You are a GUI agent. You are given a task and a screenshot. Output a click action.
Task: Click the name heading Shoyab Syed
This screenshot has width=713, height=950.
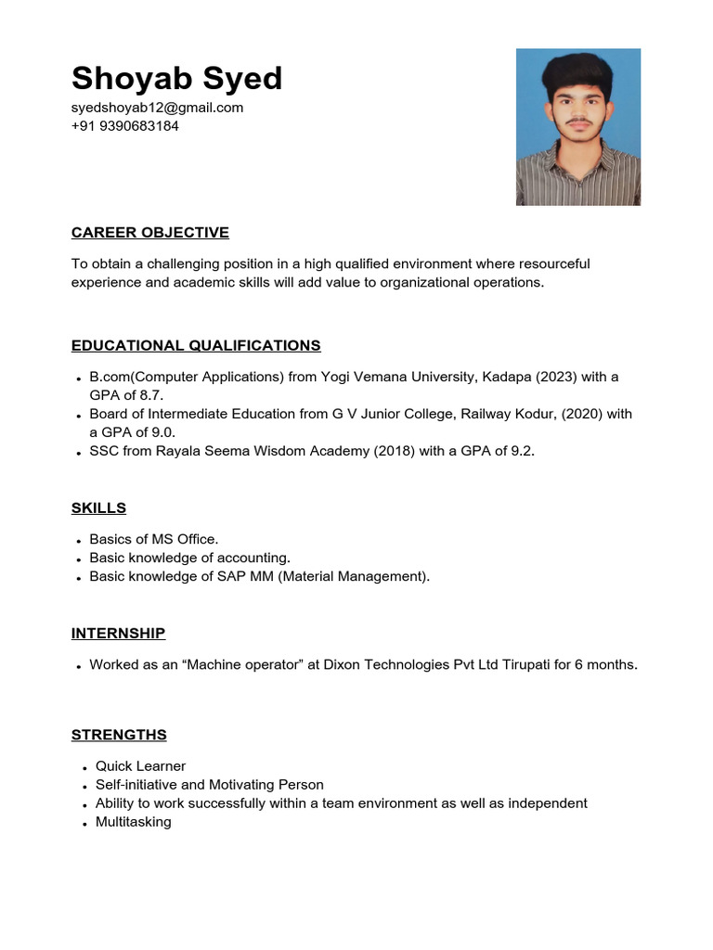pos(176,78)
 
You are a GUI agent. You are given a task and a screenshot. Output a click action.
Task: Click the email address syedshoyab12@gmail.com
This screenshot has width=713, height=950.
pos(157,108)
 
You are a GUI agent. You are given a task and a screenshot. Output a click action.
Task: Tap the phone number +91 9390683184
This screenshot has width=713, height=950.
pos(124,126)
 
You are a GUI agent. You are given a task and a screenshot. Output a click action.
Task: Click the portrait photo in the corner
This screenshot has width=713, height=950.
pos(577,127)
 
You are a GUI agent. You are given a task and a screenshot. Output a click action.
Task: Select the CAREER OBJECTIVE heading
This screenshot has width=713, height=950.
pos(149,232)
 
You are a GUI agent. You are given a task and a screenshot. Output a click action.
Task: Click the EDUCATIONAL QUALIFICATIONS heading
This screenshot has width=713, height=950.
pos(196,345)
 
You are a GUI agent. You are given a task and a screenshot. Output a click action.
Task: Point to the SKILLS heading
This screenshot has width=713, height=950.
pos(98,507)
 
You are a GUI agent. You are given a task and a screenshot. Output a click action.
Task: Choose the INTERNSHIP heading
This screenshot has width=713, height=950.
pos(118,633)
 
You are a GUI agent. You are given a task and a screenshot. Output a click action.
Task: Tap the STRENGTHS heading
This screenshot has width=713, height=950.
pos(119,735)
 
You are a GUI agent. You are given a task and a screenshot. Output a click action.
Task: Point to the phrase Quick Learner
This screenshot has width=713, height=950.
pos(140,766)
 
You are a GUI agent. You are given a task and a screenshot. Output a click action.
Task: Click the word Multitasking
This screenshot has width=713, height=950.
pos(133,822)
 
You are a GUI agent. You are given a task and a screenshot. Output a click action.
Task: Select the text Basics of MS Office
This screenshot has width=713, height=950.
pos(153,539)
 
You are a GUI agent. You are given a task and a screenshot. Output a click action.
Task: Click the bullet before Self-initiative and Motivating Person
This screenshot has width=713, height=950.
pos(84,787)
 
